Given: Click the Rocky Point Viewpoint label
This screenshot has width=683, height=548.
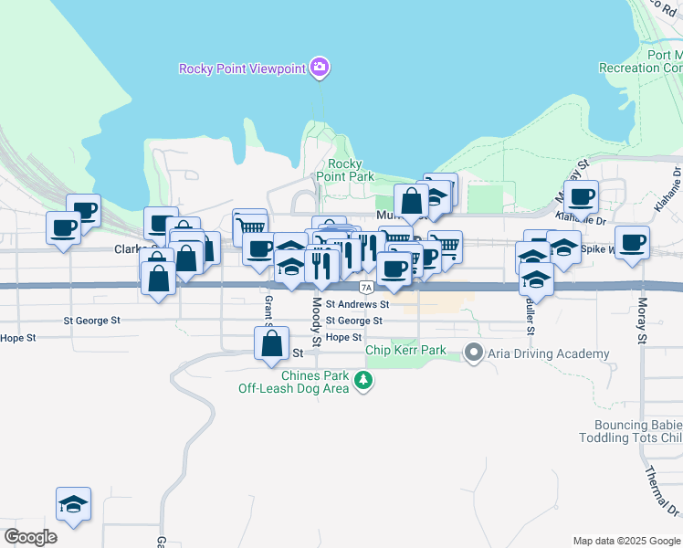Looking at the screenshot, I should (x=242, y=68).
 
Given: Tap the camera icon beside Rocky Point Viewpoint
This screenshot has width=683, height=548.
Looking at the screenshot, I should (x=319, y=67).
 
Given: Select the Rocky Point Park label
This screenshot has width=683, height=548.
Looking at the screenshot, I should (x=345, y=170).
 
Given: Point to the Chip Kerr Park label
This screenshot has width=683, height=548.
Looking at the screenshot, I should (x=405, y=350).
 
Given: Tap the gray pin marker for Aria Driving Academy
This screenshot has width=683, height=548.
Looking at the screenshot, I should (x=473, y=353).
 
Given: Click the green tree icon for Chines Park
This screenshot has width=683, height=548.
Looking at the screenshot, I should (x=363, y=380).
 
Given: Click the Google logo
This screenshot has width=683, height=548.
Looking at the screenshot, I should (x=30, y=537).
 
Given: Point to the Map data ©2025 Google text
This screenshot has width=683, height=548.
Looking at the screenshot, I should (x=626, y=541).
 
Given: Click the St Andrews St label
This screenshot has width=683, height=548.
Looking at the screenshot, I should (x=357, y=304).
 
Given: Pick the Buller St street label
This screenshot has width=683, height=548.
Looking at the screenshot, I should (x=530, y=318).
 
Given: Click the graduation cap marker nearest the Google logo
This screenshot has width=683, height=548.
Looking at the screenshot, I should (x=73, y=503).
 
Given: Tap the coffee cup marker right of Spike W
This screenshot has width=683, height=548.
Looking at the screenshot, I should (x=632, y=242).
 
